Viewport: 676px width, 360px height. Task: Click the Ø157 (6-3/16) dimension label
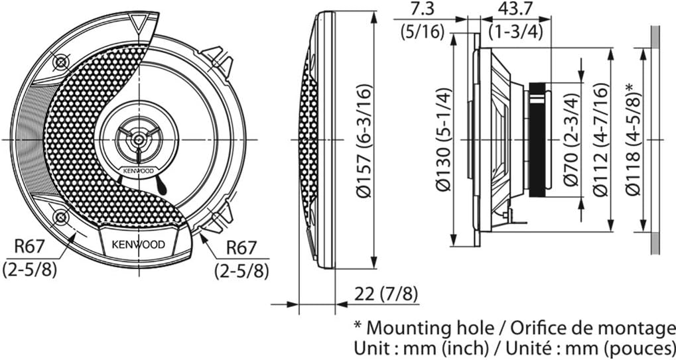tap(364, 141)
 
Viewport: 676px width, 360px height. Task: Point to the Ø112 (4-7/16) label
tap(601, 139)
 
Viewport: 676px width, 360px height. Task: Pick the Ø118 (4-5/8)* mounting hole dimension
tap(634, 139)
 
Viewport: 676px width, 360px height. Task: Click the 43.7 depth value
tap(516, 9)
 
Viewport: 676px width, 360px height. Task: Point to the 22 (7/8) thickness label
tap(386, 294)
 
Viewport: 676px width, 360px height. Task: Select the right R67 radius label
tap(241, 247)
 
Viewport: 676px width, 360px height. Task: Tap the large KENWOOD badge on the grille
tap(139, 245)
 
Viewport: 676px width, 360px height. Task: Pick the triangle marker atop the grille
tap(139, 24)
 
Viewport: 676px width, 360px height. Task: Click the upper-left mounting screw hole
tap(61, 63)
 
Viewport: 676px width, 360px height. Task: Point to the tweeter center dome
tap(139, 139)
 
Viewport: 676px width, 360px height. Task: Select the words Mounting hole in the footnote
tap(429, 328)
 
